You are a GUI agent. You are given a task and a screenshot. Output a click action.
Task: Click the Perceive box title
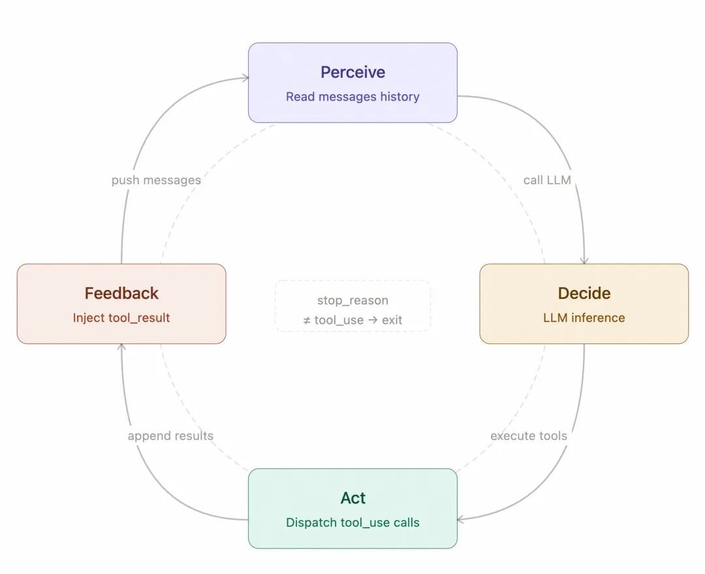352,72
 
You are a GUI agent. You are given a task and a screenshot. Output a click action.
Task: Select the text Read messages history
352,97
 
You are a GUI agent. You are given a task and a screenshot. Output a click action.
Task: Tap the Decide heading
584,293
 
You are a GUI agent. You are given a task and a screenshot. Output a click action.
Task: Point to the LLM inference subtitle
584,318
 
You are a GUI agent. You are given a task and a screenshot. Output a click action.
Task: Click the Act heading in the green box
352,498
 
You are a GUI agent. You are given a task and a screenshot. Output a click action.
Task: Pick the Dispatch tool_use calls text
352,522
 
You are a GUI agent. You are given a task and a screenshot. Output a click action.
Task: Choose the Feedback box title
121,293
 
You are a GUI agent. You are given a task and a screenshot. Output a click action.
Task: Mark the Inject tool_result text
121,318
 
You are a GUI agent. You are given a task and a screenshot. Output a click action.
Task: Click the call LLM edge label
547,180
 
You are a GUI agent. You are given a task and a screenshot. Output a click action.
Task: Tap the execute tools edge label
529,436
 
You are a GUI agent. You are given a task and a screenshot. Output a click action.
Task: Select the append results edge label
170,436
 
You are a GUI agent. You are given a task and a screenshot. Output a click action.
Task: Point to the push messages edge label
156,180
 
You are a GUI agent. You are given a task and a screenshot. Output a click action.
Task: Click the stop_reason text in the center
352,300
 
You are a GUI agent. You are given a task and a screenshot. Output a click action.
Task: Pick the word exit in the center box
392,320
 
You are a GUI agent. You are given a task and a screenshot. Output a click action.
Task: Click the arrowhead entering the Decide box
584,261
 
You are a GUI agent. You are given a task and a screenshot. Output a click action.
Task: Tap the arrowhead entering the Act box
461,520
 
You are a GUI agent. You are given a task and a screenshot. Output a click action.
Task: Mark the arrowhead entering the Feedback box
121,347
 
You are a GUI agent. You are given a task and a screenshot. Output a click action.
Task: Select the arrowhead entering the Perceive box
245,78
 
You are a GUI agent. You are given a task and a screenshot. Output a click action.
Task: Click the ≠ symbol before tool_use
307,320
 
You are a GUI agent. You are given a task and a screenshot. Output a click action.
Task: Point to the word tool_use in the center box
339,320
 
